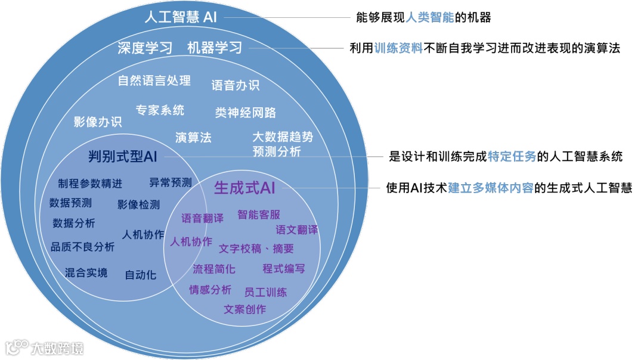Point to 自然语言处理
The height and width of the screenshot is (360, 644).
154,80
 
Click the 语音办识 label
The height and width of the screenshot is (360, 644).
236,85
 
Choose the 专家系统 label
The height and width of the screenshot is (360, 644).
160,110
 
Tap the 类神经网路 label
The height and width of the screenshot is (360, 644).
246,113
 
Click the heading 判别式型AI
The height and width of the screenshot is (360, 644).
122,157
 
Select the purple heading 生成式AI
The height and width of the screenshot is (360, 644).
244,188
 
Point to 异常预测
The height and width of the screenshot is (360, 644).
171,183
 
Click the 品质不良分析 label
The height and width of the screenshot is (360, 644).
82,246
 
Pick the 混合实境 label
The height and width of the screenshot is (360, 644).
86,273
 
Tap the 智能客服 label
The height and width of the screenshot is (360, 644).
259,215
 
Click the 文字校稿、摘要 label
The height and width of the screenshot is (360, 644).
256,249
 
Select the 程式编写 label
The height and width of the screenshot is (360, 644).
284,269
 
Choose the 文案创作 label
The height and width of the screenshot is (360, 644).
245,309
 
